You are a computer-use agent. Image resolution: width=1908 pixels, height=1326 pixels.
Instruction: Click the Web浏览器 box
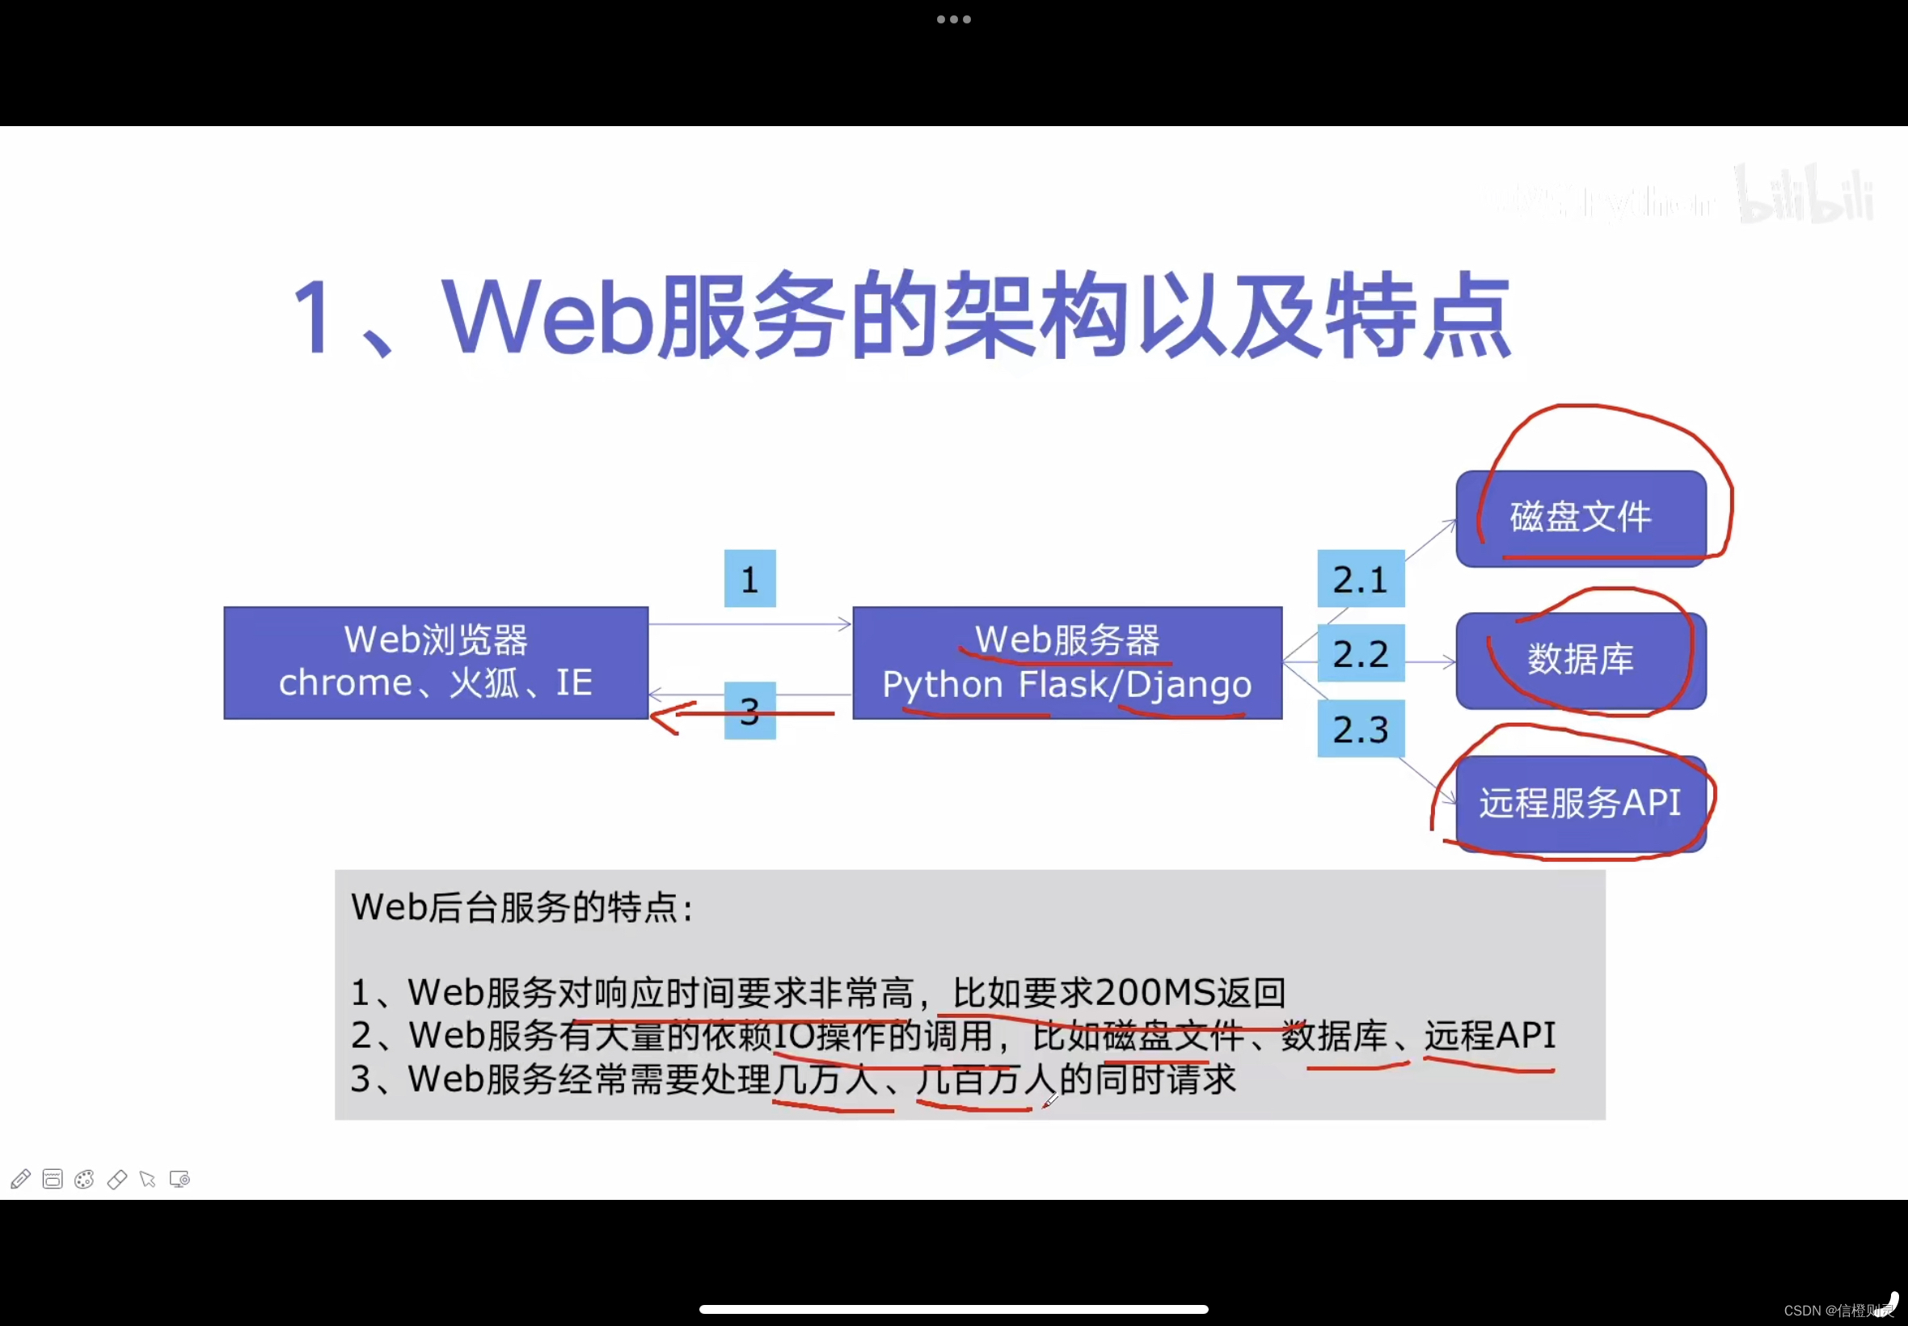click(435, 662)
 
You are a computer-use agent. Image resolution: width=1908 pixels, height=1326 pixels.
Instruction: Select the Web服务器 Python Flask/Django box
click(1066, 662)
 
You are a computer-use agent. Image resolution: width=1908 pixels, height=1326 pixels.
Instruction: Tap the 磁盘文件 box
click(1580, 517)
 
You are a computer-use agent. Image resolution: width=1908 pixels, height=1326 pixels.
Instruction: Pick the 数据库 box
click(1580, 661)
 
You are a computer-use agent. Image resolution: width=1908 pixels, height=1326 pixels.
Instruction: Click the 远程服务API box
click(1580, 804)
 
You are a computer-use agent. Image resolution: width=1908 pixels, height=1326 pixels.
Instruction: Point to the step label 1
click(749, 578)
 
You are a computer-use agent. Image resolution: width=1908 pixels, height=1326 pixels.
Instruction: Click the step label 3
click(749, 712)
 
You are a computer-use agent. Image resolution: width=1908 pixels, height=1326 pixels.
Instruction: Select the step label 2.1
click(1360, 578)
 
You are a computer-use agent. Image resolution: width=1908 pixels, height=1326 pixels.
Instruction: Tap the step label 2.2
click(1360, 654)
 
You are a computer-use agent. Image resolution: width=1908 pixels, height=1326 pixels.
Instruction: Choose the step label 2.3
click(1360, 728)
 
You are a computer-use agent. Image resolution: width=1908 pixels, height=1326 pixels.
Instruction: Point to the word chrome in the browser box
click(344, 683)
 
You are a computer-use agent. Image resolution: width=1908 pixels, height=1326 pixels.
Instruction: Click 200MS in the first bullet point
click(1155, 992)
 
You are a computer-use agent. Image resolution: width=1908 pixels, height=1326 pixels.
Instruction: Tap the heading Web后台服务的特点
click(521, 907)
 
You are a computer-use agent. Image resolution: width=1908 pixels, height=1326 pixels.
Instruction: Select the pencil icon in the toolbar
click(21, 1179)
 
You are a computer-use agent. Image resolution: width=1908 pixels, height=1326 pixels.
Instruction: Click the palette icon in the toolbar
click(84, 1179)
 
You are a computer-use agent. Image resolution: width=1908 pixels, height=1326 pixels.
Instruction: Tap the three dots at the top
click(953, 19)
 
